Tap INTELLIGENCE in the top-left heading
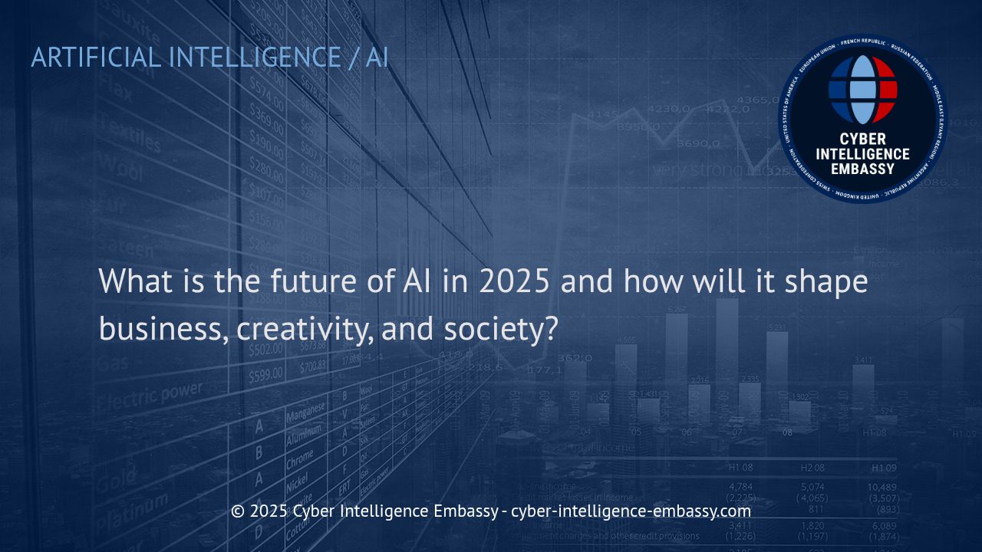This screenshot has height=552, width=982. [254, 58]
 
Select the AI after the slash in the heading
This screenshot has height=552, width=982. [377, 58]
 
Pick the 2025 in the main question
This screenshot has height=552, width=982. [515, 281]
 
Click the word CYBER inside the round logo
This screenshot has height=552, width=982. [862, 139]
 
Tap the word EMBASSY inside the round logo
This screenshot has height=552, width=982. [862, 168]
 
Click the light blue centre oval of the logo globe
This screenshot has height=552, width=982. [862, 90]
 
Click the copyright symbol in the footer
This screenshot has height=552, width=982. [238, 511]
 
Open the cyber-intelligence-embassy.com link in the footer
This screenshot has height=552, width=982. [631, 511]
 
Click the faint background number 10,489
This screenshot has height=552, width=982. [881, 487]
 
